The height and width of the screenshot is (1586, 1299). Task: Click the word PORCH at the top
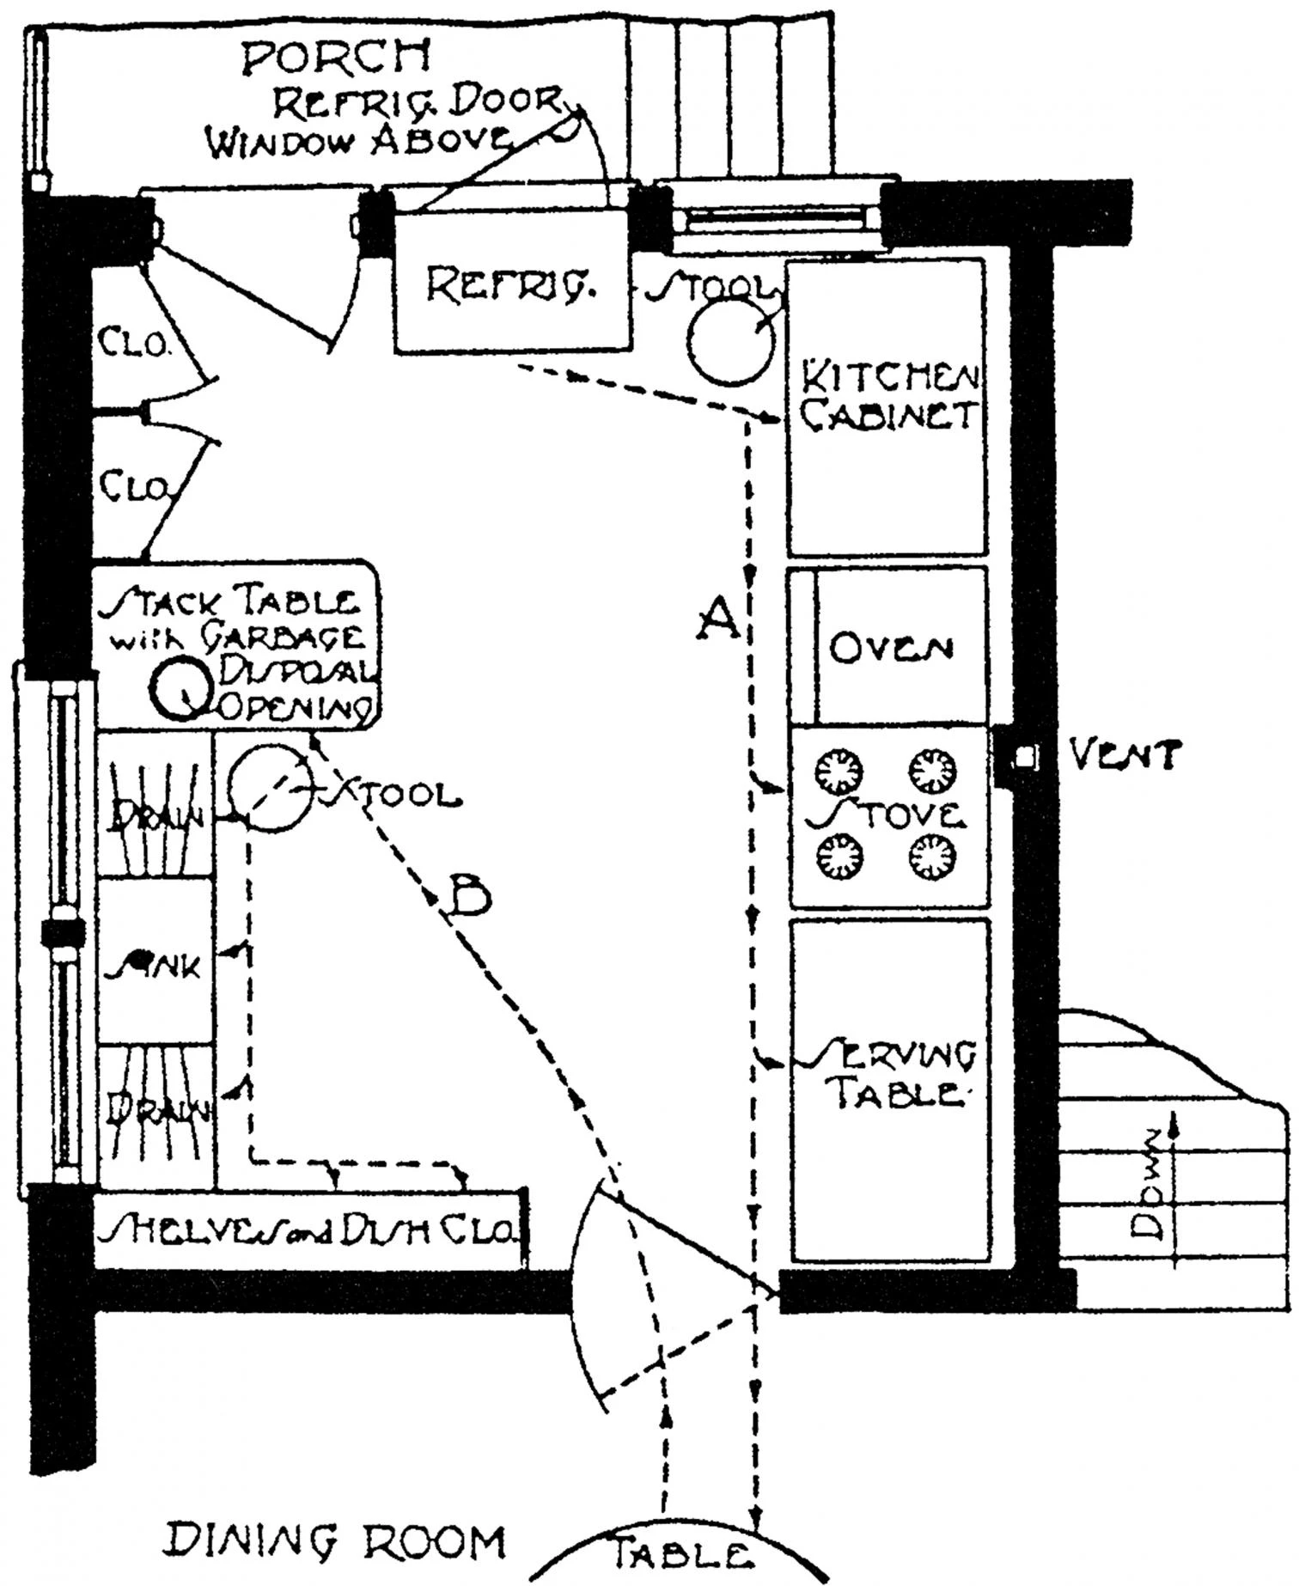(x=336, y=58)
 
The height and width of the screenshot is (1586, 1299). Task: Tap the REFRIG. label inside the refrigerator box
(x=512, y=285)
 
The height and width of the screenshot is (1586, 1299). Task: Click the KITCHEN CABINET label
(x=889, y=397)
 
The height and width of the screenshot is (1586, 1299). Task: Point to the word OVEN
(x=891, y=649)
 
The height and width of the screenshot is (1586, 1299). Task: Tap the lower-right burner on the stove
(x=932, y=856)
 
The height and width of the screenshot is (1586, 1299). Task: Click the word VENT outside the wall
(x=1125, y=756)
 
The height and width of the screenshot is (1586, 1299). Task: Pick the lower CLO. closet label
(x=135, y=487)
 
